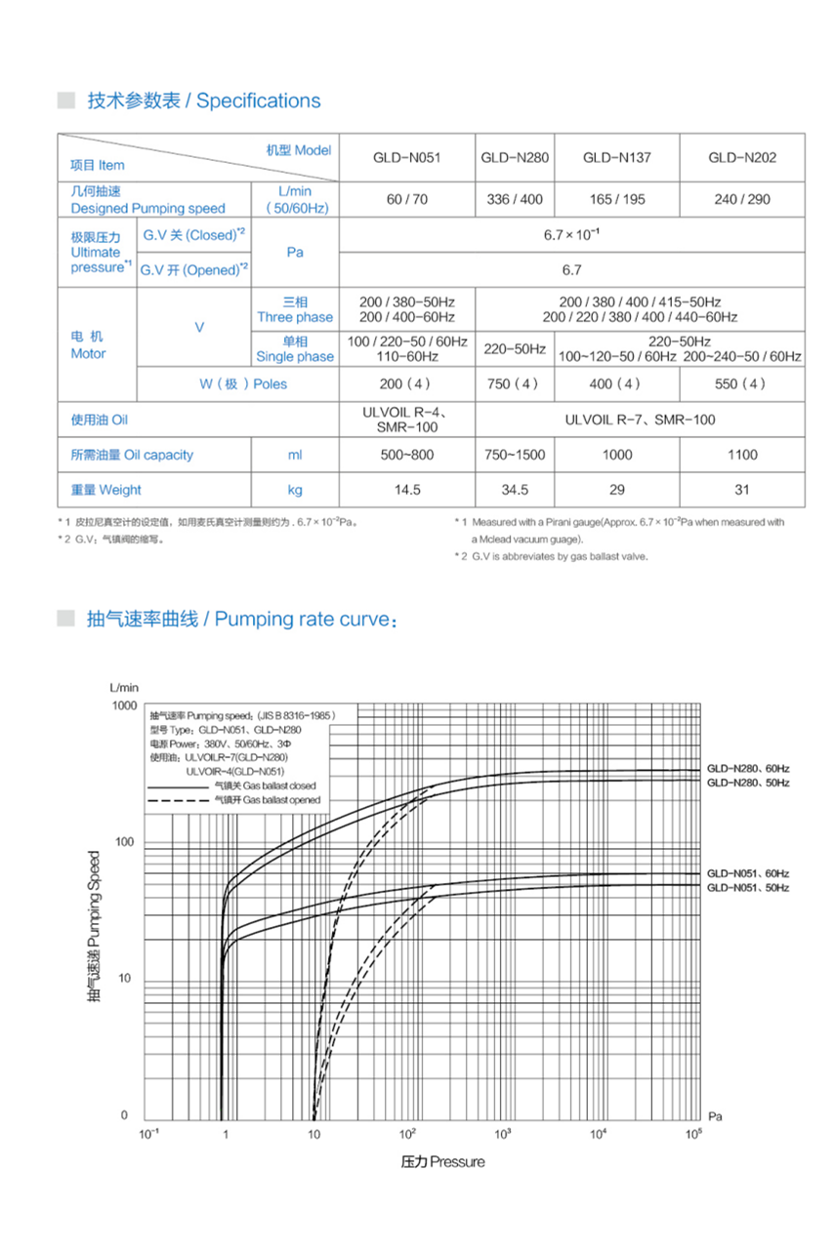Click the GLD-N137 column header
click(x=616, y=157)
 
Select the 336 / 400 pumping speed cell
click(x=515, y=199)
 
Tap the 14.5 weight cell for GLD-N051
click(x=406, y=490)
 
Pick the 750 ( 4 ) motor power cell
click(x=515, y=383)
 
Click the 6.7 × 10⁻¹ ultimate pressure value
click(x=571, y=235)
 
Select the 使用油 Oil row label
click(x=100, y=420)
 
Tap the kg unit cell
click(x=295, y=490)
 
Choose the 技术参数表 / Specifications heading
click(x=203, y=101)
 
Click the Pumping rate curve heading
click(x=242, y=620)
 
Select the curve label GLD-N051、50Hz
click(x=747, y=888)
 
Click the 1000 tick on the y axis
click(x=125, y=705)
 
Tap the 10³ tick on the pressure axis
click(x=503, y=1133)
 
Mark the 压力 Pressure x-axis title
click(x=442, y=1161)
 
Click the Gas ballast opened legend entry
click(x=266, y=800)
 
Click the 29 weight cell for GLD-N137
click(x=616, y=490)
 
